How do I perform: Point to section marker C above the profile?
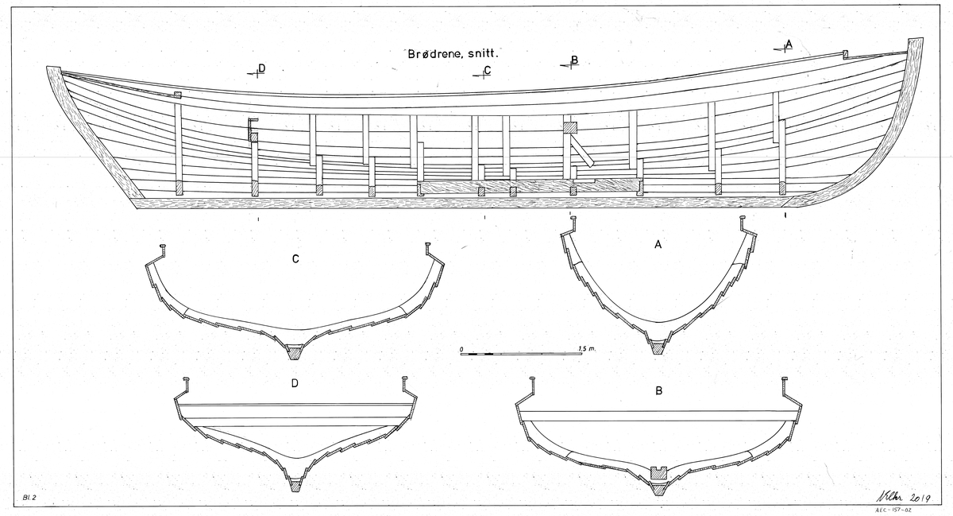pos(485,72)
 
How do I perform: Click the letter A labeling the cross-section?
pos(658,246)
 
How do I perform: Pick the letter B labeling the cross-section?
pos(658,391)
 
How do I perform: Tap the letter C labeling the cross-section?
pos(295,258)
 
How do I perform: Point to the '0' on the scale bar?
pos(461,348)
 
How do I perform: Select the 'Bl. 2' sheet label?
pos(31,496)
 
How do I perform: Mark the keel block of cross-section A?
pos(658,347)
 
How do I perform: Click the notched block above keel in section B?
pos(658,472)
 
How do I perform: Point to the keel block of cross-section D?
pos(295,483)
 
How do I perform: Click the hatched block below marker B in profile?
pos(569,127)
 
